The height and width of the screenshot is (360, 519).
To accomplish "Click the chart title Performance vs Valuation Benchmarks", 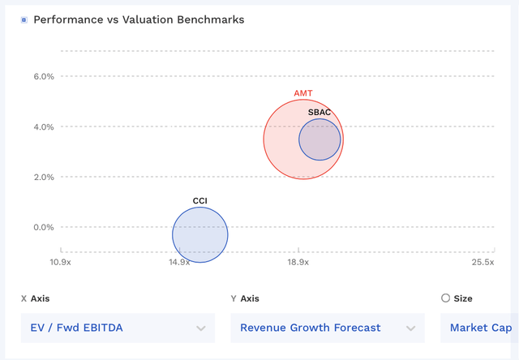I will pyautogui.click(x=138, y=19).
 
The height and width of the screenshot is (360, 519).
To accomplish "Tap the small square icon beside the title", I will pyautogui.click(x=24, y=19).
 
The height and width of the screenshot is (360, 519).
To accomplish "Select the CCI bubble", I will pyautogui.click(x=200, y=235).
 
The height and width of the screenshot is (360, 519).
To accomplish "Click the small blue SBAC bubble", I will pyautogui.click(x=320, y=139).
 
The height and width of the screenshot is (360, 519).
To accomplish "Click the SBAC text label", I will pyautogui.click(x=320, y=112).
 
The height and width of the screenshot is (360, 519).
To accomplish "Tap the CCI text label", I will pyautogui.click(x=200, y=200).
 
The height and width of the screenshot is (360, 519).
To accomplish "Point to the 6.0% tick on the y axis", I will pyautogui.click(x=43, y=77).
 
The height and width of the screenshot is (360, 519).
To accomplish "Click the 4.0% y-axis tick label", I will pyautogui.click(x=43, y=127).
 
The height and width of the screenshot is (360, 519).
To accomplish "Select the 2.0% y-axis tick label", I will pyautogui.click(x=43, y=178).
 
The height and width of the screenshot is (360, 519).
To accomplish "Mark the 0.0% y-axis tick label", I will pyautogui.click(x=43, y=228).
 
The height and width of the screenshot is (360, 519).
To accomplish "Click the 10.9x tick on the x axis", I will pyautogui.click(x=60, y=262).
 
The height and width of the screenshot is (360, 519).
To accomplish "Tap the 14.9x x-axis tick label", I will pyautogui.click(x=179, y=262).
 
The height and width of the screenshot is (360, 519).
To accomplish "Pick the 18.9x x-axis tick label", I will pyautogui.click(x=298, y=262).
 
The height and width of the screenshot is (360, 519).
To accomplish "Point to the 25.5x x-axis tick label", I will pyautogui.click(x=483, y=262).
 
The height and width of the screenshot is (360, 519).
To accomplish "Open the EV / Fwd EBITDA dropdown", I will pyautogui.click(x=118, y=328).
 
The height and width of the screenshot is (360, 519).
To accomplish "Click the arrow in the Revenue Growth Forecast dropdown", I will pyautogui.click(x=410, y=328).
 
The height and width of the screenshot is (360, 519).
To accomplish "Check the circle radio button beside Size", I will pyautogui.click(x=445, y=298).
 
